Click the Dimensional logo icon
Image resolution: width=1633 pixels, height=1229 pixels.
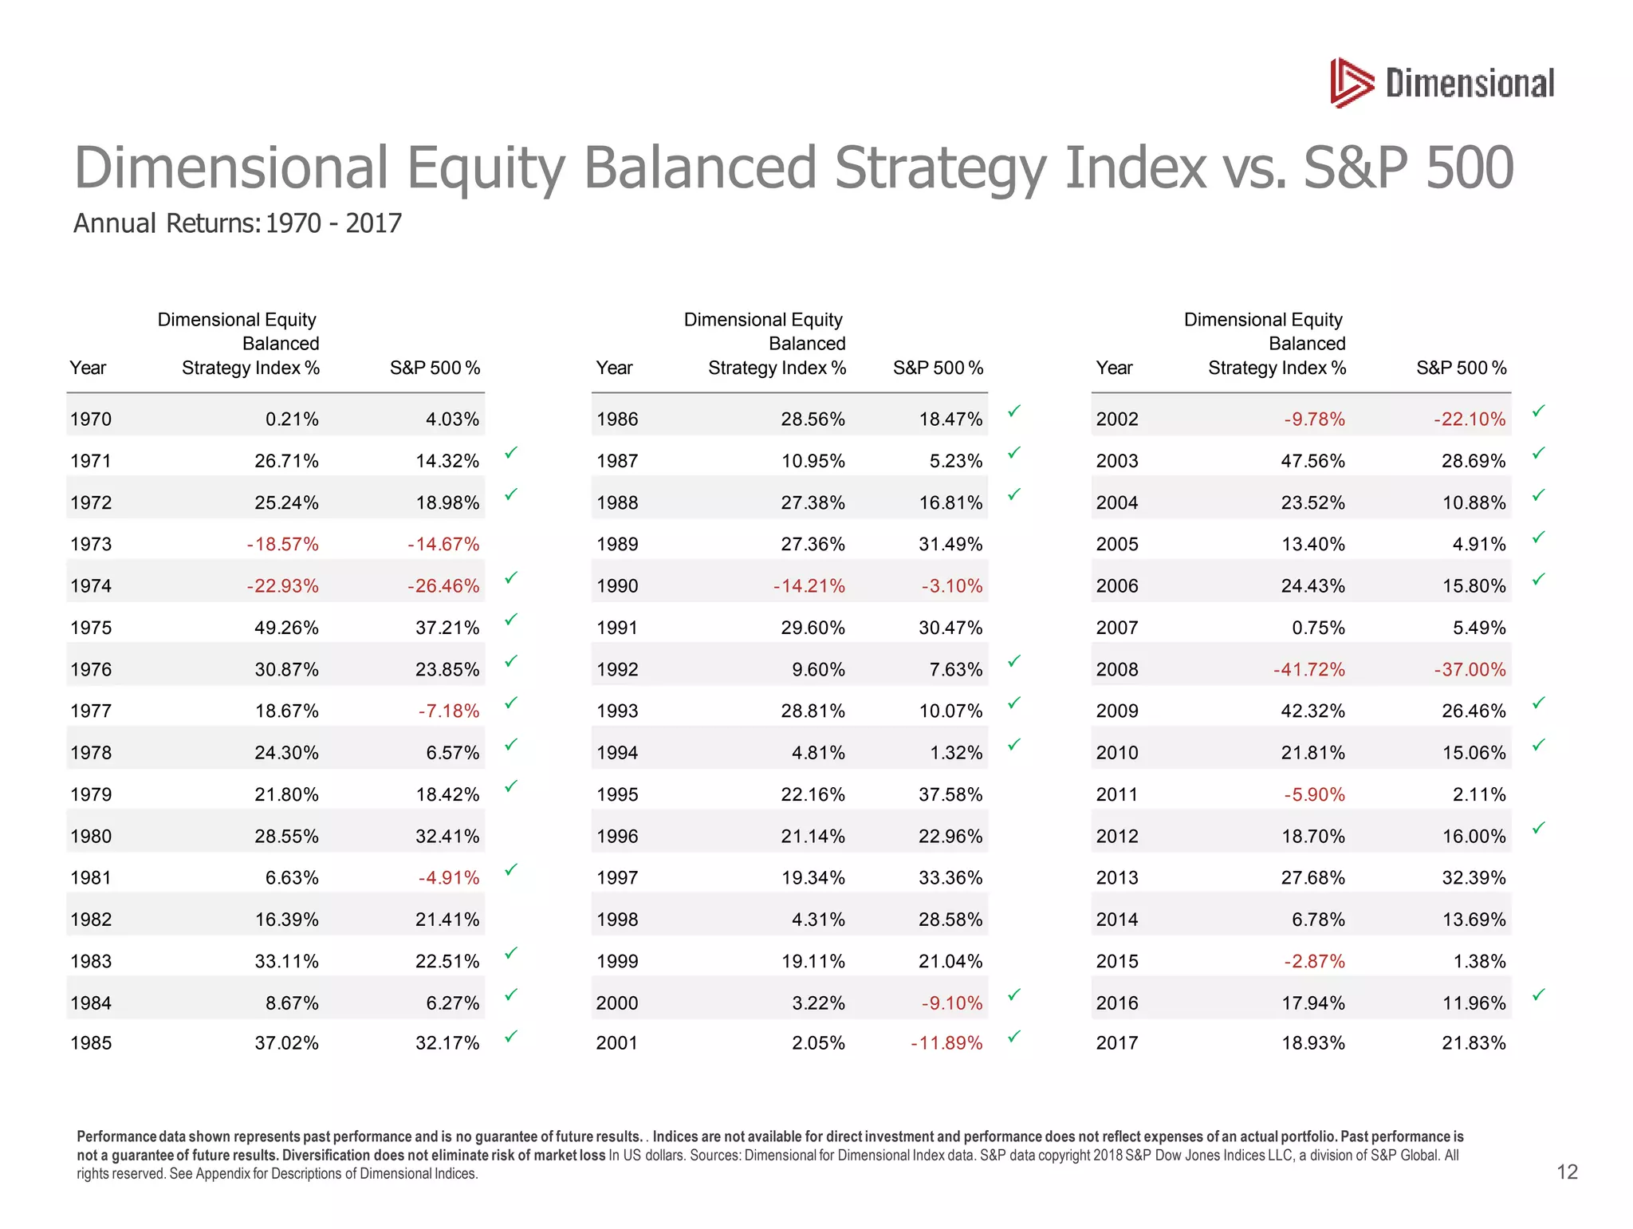(1352, 83)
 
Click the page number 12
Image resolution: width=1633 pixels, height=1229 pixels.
(1567, 1172)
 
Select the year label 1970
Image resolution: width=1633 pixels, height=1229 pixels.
(91, 420)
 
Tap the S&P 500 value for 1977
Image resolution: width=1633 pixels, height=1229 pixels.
(449, 711)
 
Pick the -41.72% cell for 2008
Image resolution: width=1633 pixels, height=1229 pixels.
(1308, 670)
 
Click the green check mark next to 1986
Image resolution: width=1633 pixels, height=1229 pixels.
(1014, 412)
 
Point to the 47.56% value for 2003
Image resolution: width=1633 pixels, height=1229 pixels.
(1312, 461)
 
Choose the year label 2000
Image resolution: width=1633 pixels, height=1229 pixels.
(617, 1003)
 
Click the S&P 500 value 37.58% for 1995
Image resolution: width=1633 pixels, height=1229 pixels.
(950, 795)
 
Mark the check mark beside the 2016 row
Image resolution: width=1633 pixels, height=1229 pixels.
(1539, 995)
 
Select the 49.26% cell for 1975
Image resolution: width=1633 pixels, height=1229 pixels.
(286, 628)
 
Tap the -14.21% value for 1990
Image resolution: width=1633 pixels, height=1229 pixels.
(809, 586)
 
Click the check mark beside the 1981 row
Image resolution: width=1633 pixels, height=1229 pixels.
(511, 870)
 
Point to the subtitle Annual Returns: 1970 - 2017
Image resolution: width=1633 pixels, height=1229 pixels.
(238, 223)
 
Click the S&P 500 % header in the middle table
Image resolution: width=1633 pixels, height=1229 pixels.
(938, 368)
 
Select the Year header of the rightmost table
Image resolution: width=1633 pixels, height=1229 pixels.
(1114, 368)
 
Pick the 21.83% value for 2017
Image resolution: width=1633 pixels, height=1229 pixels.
(1474, 1043)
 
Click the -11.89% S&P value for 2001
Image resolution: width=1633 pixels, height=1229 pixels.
(946, 1043)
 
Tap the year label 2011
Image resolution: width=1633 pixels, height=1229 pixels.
(1117, 795)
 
